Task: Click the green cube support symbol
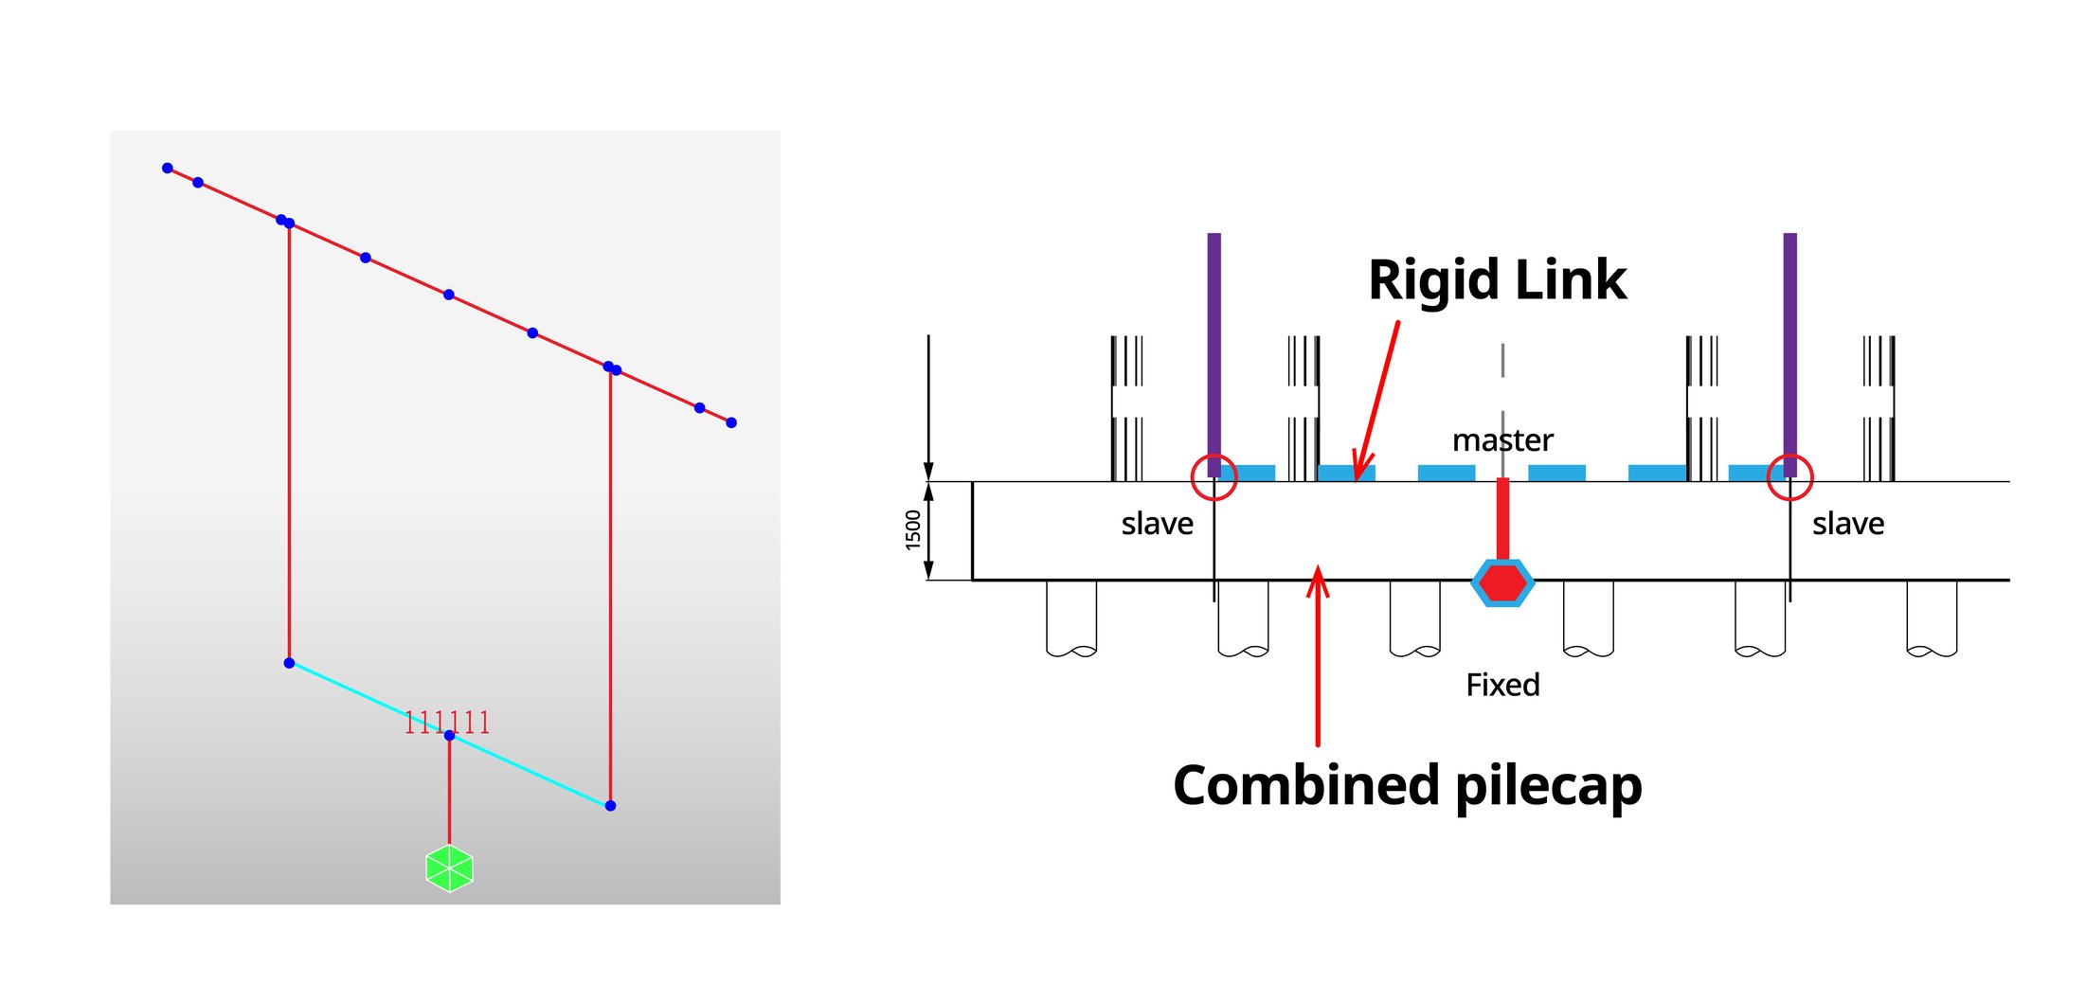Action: coord(449,868)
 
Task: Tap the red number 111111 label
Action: coord(446,723)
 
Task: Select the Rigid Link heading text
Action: coord(1497,280)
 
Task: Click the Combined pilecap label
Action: coord(1407,785)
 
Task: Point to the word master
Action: coord(1502,440)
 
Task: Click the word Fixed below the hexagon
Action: coord(1502,685)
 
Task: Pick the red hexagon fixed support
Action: coord(1502,582)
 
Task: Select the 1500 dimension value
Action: coord(913,529)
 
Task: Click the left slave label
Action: coord(1157,524)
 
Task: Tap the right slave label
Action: coord(1847,524)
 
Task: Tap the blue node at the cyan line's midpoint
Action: coord(449,735)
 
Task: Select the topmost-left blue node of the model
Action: coord(168,169)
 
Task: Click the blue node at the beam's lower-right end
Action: coord(731,422)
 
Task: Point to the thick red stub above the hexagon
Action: coord(1502,519)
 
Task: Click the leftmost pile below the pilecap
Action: coord(1070,616)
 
